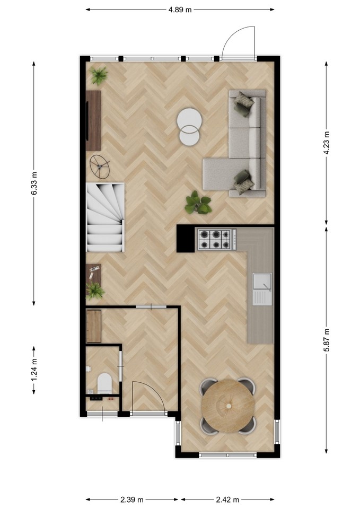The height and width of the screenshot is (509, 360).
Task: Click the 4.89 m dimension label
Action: tap(180, 10)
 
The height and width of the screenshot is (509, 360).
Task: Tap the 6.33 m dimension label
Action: tap(34, 183)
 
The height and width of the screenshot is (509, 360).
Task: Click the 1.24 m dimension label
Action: tap(34, 371)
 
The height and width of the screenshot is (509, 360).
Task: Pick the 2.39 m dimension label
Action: tap(132, 499)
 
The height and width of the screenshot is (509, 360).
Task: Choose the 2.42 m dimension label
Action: tap(227, 499)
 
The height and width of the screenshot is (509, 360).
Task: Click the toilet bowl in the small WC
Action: tap(104, 383)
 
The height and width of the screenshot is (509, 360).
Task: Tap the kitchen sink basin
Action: tap(262, 282)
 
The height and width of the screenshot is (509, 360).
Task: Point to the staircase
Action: tap(105, 217)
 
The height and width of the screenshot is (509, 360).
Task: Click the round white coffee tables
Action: tap(189, 126)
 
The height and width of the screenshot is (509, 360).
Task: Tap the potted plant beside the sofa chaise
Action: tap(198, 204)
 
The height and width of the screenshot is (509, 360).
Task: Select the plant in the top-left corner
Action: tap(99, 75)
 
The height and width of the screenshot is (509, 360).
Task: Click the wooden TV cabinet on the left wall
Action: tap(93, 120)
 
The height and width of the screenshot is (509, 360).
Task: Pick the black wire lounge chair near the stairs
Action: tap(100, 166)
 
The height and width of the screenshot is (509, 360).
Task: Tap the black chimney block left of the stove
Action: tap(186, 239)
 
